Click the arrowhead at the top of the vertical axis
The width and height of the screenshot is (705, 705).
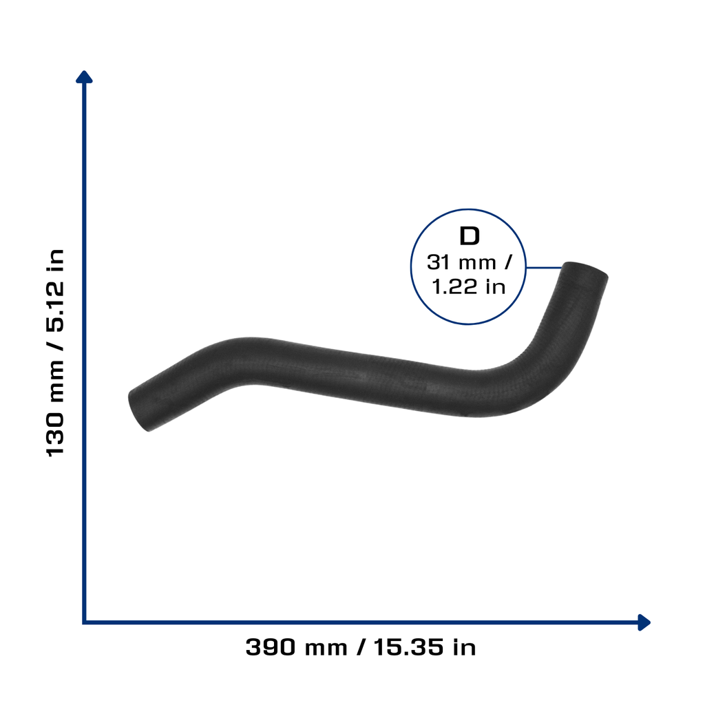[x=84, y=77]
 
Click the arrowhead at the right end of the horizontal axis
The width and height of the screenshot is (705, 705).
[x=644, y=622]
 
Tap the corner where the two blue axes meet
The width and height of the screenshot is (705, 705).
[x=84, y=622]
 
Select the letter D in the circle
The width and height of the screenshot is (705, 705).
[x=470, y=236]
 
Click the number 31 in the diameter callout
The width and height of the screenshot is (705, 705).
[x=438, y=262]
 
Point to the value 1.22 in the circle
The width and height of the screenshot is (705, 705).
[x=454, y=287]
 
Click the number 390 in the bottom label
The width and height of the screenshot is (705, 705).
[x=271, y=647]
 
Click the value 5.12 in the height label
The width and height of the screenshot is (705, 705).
[x=55, y=306]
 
